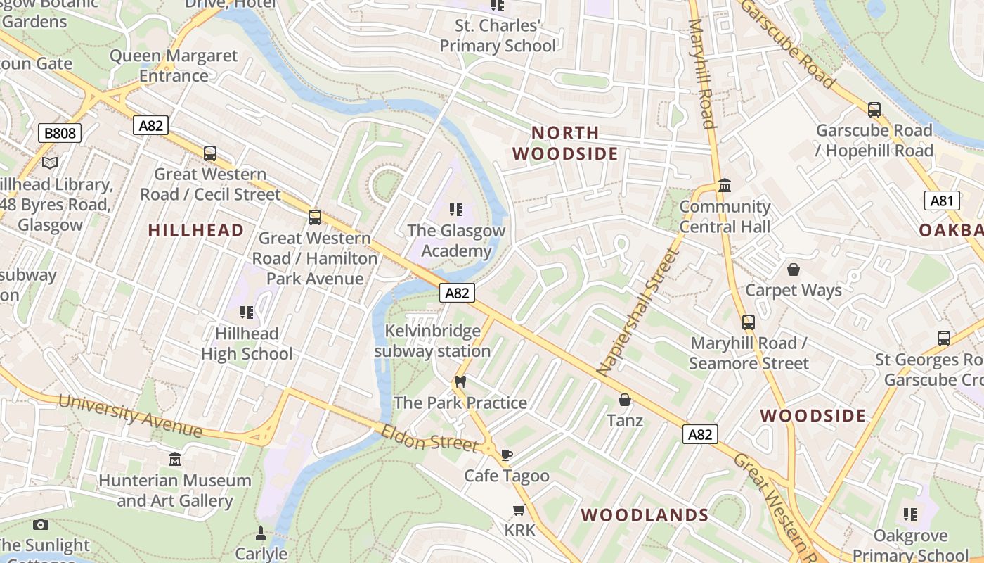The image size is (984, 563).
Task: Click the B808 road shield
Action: pos(60,133)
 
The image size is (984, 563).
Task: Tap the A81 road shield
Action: pos(941,201)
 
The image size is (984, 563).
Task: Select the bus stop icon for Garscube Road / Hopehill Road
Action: pos(874,110)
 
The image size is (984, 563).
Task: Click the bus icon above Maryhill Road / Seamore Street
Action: pos(749,322)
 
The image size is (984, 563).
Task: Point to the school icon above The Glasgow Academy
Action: pos(456,210)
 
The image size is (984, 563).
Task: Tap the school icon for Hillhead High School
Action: pos(246,312)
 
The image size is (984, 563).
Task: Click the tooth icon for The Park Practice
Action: pos(460,382)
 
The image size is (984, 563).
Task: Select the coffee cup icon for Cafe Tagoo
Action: pos(507,455)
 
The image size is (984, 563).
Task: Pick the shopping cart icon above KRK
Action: pos(519,510)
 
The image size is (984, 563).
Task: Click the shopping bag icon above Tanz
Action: pos(624,400)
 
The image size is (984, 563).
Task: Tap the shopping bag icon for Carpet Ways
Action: pos(794,270)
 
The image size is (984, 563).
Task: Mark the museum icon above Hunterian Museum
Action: pos(175,460)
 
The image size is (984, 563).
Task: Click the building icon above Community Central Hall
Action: pos(725,186)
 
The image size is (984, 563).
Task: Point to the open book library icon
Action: pos(49,163)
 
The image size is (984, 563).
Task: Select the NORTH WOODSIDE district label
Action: pos(565,143)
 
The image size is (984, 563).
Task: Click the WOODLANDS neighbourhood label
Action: pos(645,514)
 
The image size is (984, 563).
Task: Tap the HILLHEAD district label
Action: pos(196,230)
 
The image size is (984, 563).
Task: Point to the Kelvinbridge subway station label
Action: pos(432,341)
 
